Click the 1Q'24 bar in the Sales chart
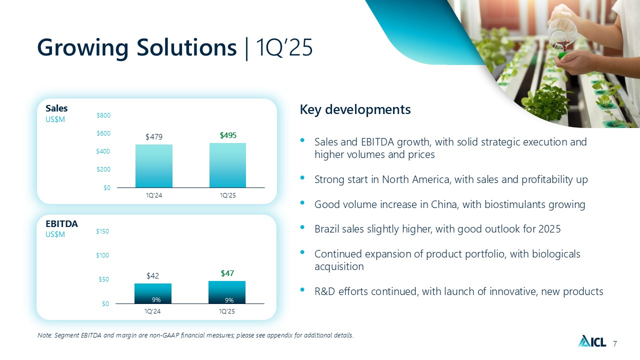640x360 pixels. click(153, 166)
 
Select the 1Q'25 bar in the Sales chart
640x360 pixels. click(227, 165)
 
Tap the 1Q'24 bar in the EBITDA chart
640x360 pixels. click(153, 293)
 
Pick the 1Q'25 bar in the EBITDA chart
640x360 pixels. click(227, 292)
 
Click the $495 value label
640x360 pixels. click(228, 135)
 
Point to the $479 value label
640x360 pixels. click(154, 137)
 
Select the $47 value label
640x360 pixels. click(227, 273)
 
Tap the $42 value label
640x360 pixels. click(152, 275)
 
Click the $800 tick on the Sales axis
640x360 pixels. click(103, 115)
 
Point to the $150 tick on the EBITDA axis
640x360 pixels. click(102, 231)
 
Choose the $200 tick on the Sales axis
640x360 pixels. click(103, 169)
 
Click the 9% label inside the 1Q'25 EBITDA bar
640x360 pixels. click(229, 300)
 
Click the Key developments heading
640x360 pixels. click(355, 109)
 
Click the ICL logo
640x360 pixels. click(592, 341)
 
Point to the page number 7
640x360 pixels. click(615, 343)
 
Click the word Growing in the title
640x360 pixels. click(83, 48)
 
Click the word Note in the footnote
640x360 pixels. click(44, 335)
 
